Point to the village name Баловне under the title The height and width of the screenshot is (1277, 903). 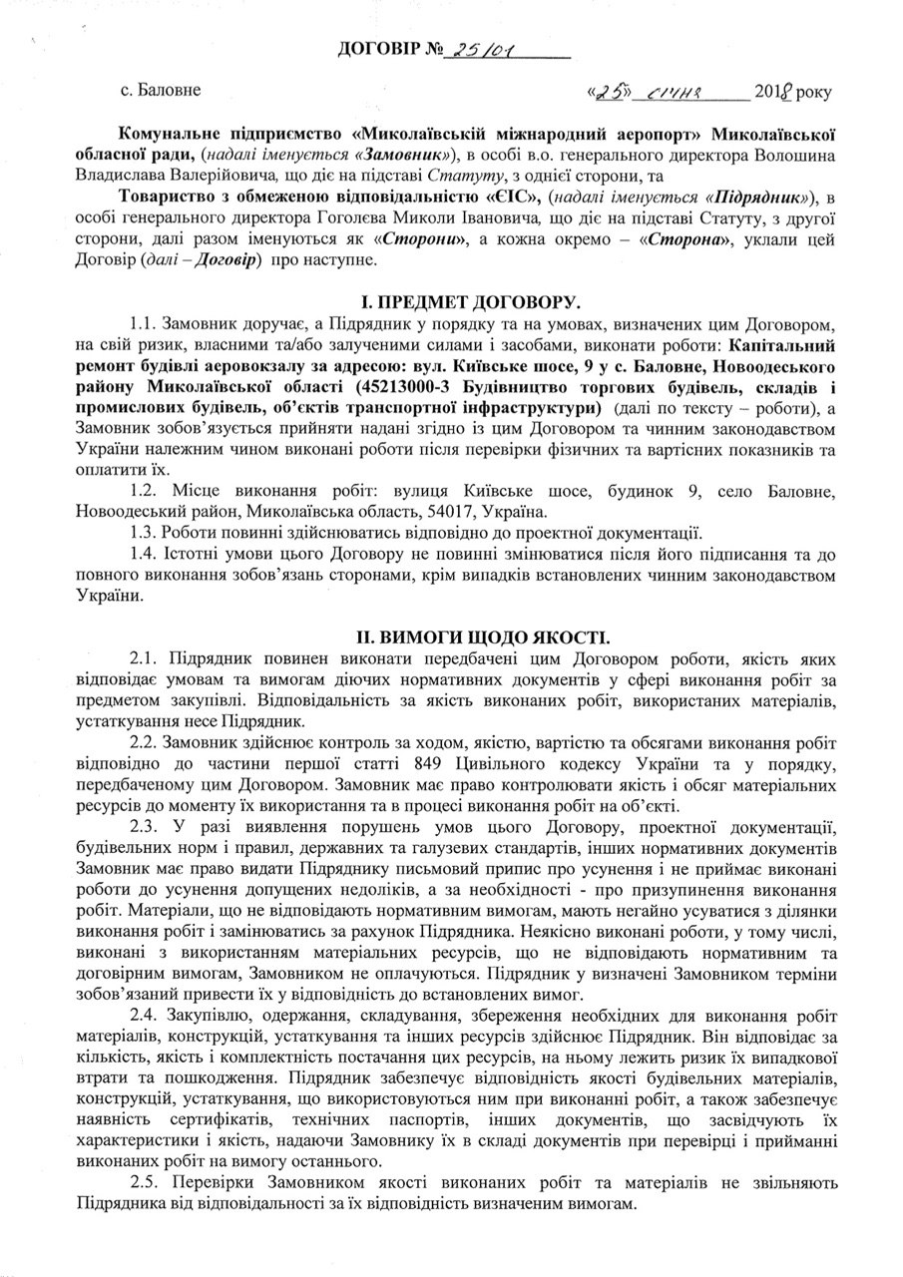(167, 91)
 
